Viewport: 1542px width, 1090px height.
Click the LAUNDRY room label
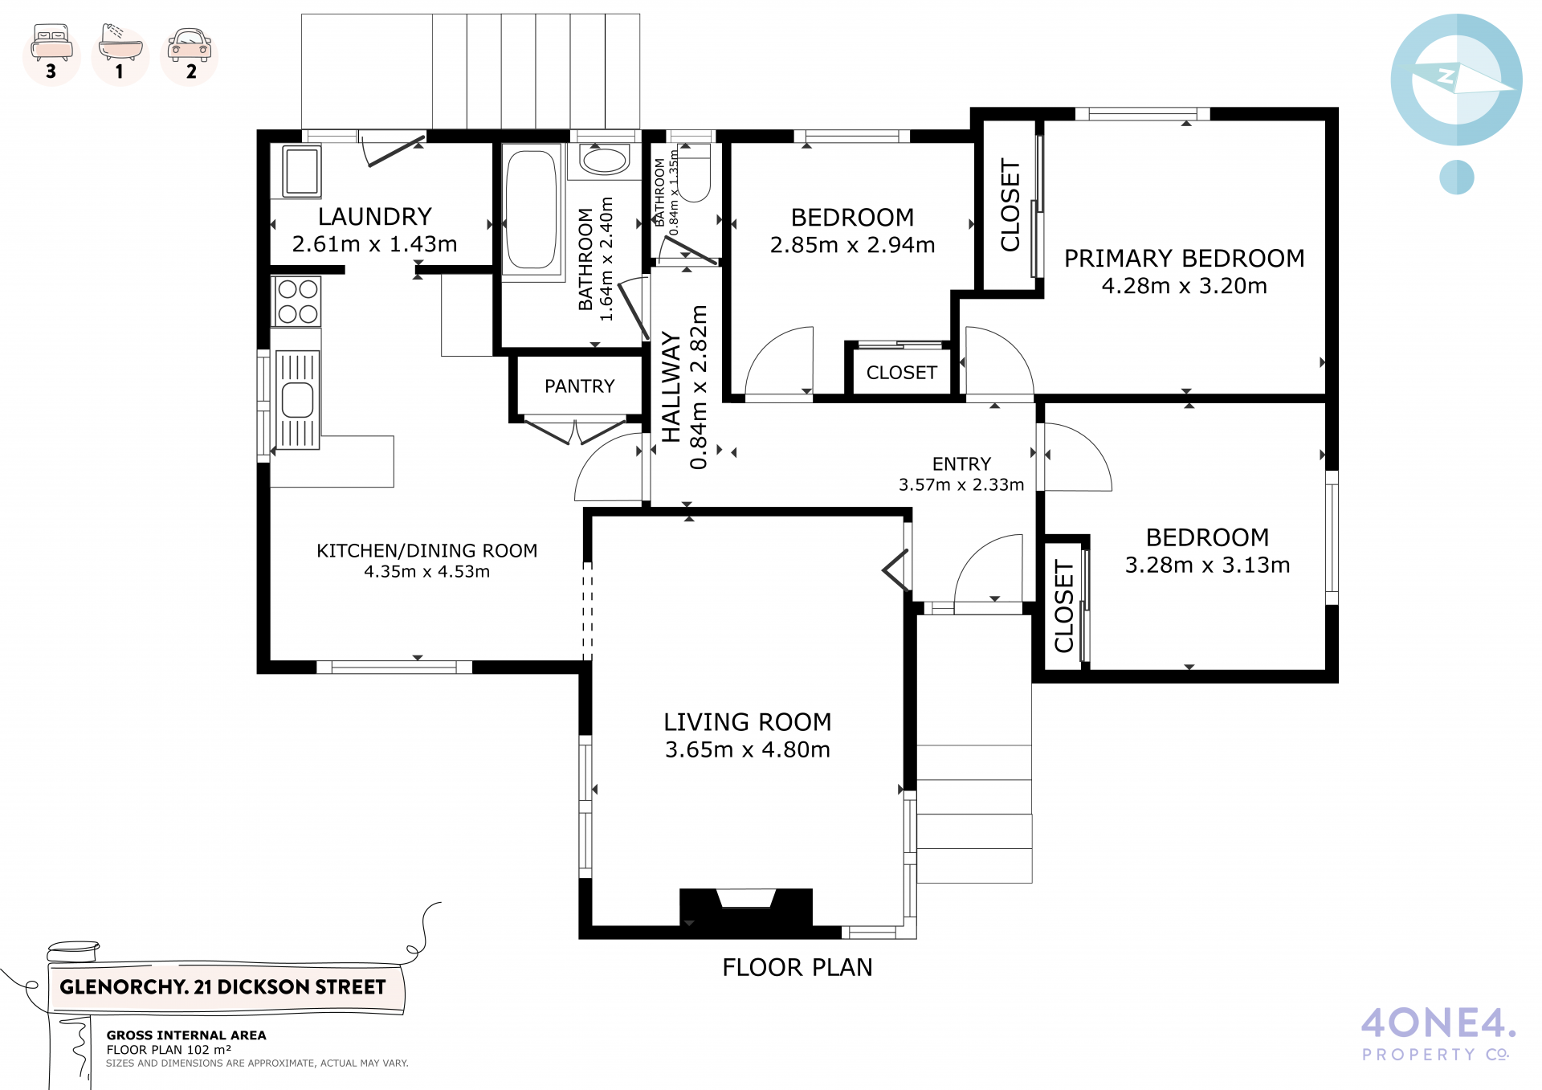(375, 217)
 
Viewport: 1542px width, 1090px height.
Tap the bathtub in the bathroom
(531, 210)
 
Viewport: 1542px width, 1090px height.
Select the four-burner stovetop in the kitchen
(297, 301)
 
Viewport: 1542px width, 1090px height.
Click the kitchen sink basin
(297, 400)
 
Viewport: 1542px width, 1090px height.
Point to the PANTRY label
(580, 386)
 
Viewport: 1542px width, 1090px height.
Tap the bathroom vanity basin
(605, 161)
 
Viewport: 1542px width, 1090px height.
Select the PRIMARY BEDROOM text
(1185, 259)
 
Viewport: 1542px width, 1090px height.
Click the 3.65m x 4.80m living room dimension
(748, 749)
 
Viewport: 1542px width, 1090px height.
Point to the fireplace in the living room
(746, 908)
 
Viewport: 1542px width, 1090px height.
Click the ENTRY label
(961, 464)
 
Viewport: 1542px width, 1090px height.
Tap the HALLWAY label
(671, 387)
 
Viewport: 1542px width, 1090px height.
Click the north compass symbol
(1456, 80)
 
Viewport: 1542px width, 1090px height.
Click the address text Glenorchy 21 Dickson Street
(222, 987)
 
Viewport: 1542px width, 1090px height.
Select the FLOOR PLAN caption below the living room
(798, 968)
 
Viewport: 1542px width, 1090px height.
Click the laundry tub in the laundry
(302, 171)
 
